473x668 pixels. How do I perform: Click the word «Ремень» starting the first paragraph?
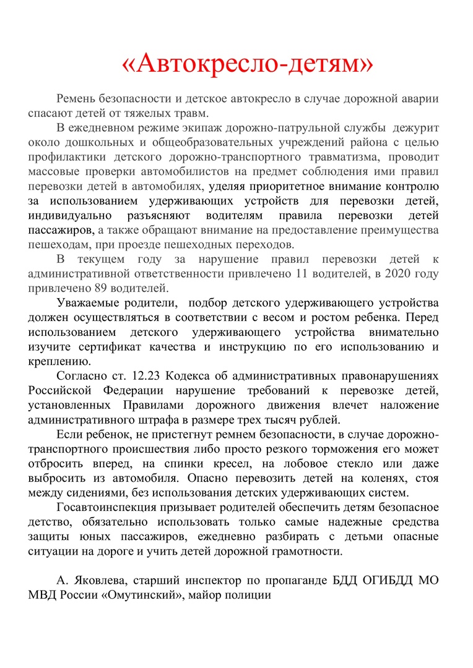point(77,99)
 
